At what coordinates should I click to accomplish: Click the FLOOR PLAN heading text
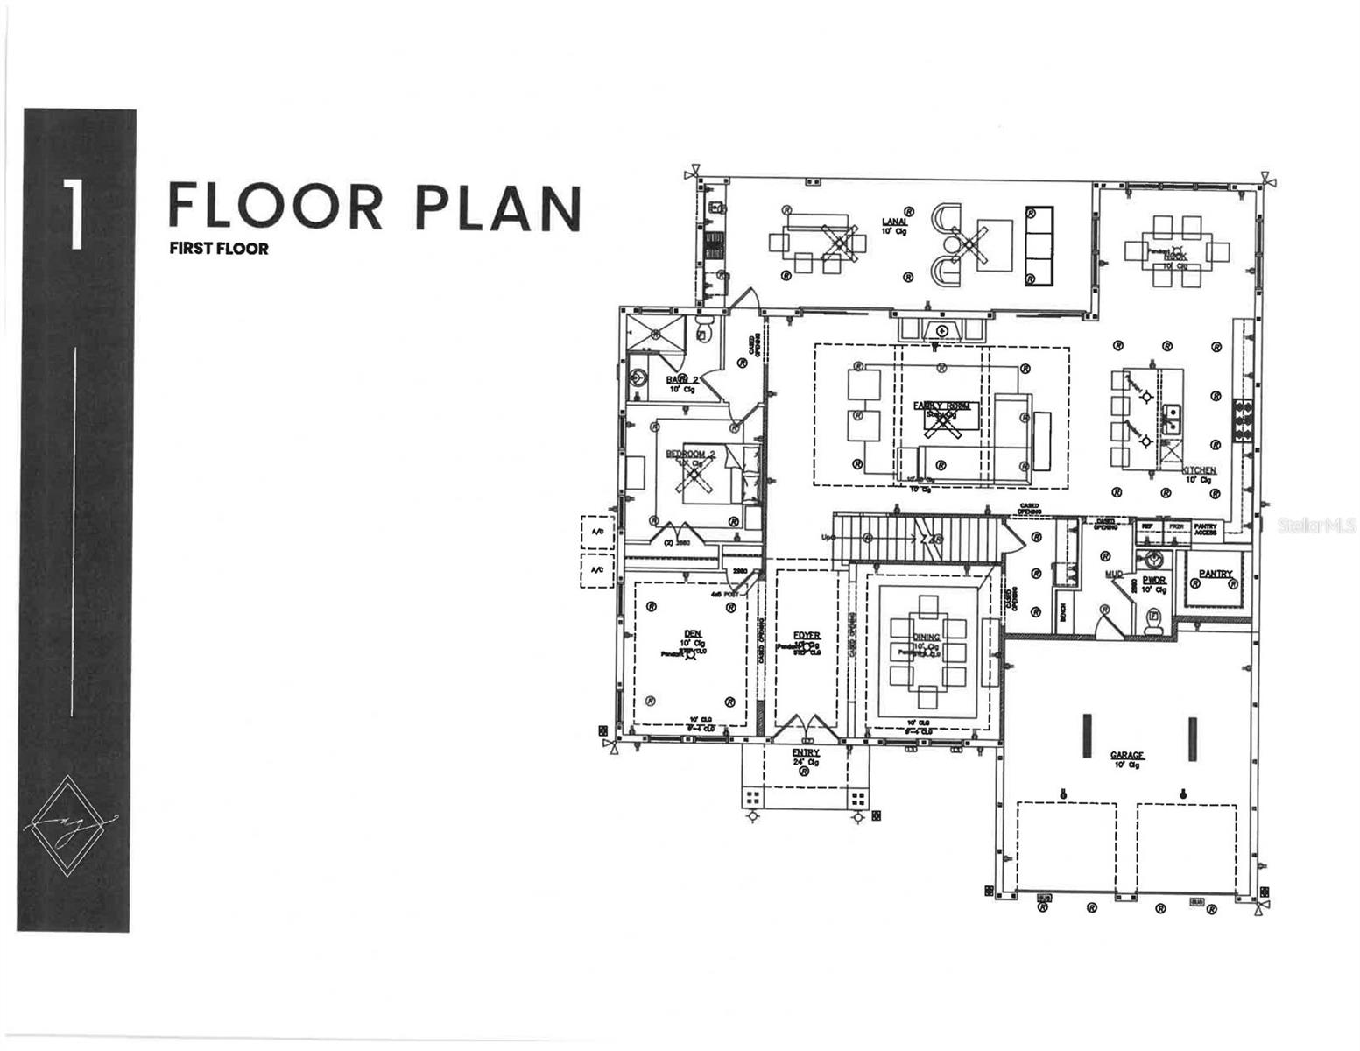click(x=374, y=207)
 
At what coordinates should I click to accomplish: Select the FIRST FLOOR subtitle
click(x=219, y=249)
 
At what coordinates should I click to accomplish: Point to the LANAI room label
click(x=894, y=222)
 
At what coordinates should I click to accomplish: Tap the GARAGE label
click(x=1127, y=755)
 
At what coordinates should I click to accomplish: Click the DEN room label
click(x=693, y=633)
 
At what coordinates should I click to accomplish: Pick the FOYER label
click(x=807, y=635)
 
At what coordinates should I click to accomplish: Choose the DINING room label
click(x=927, y=637)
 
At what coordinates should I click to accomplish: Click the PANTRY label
click(x=1216, y=574)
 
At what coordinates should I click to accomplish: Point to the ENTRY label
click(x=806, y=752)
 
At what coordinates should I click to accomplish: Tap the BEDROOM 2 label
click(x=691, y=454)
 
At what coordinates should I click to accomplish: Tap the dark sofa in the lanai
click(x=1039, y=246)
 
